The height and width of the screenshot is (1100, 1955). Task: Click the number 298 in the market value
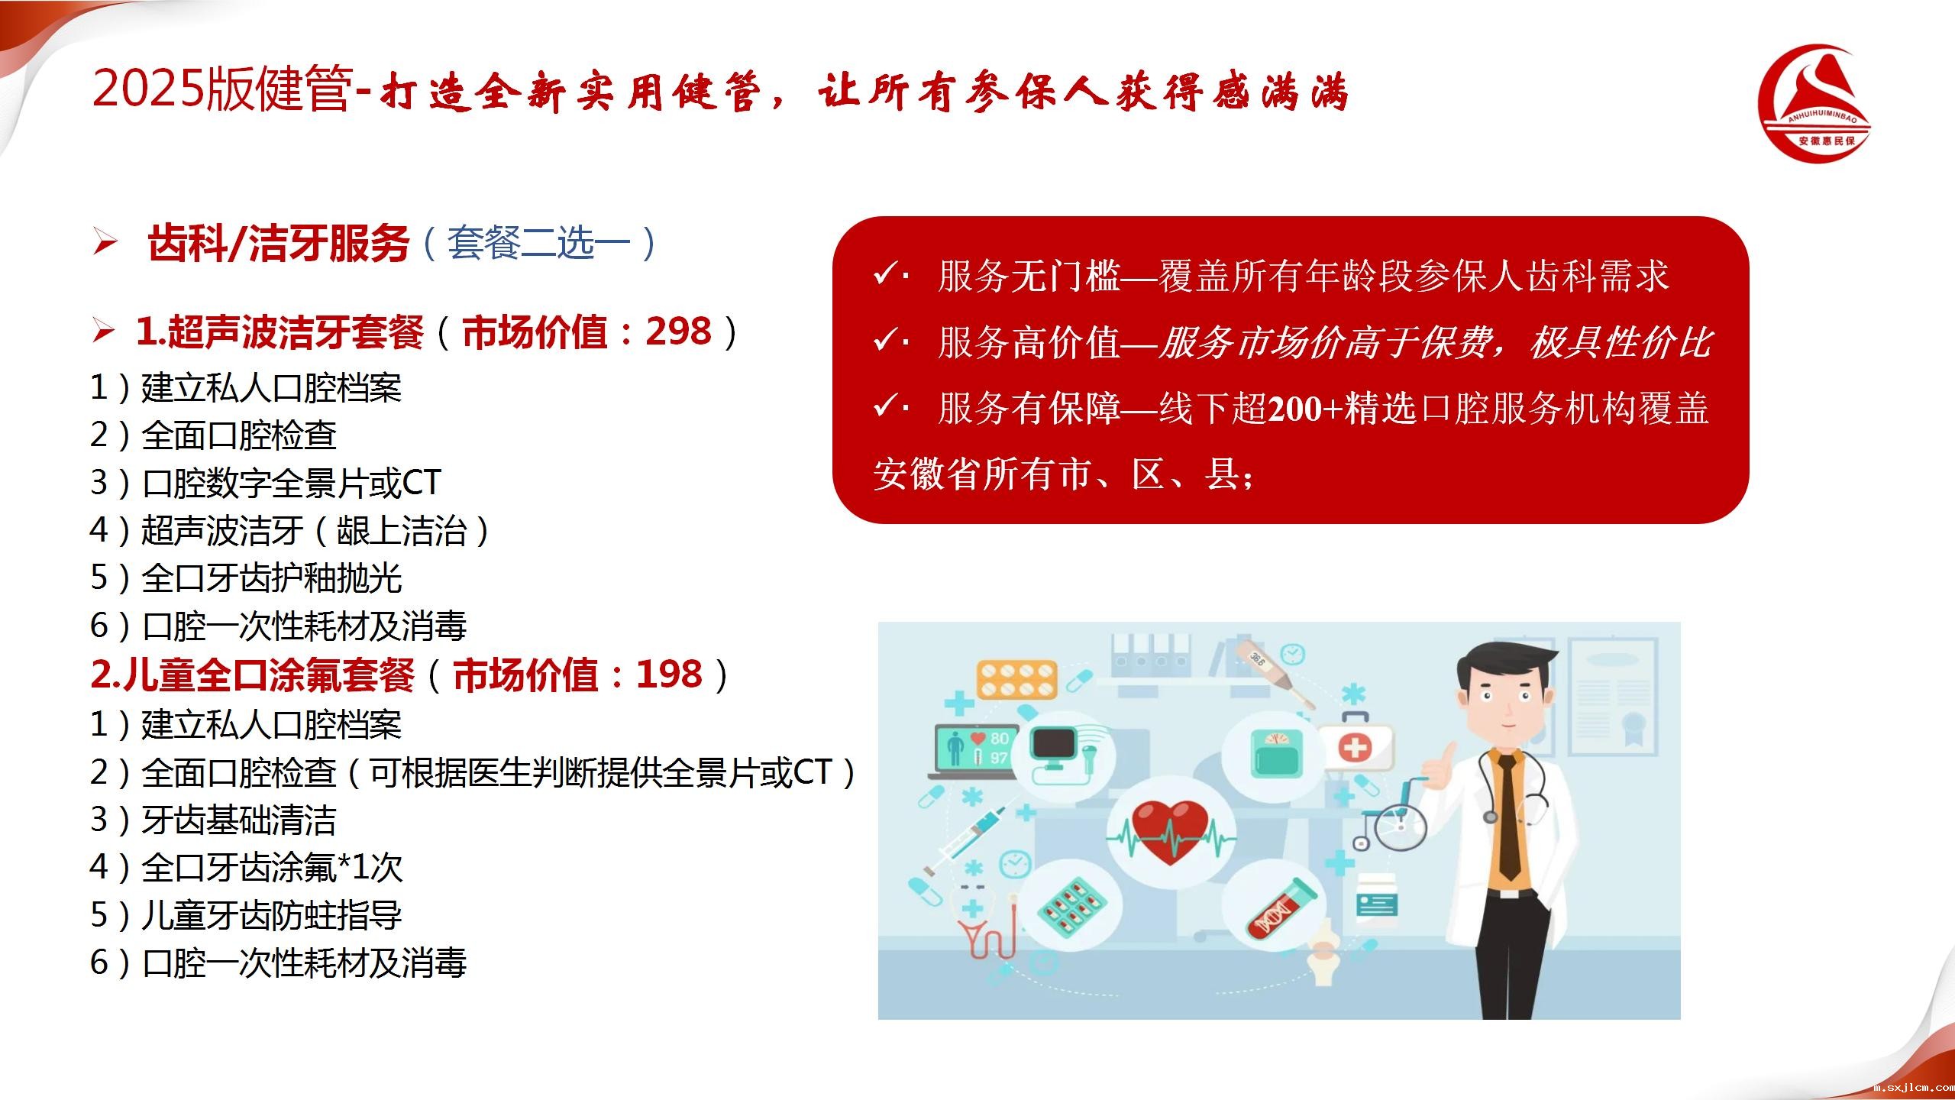pos(678,332)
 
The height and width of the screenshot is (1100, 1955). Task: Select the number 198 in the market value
pos(669,675)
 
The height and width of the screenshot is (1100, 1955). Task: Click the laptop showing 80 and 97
pos(974,752)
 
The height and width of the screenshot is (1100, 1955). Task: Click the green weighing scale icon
pos(1272,752)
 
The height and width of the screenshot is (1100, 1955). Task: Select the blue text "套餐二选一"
pos(539,244)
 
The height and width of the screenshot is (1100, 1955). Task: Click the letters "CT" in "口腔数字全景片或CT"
pos(422,482)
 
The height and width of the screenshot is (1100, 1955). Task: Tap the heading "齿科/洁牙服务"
pos(279,244)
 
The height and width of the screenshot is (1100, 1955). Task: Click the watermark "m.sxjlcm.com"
pos(1914,1088)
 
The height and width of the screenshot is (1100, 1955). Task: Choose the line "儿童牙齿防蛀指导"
pos(271,915)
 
